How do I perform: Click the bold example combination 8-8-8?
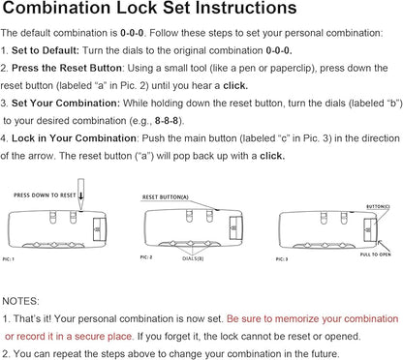[167, 121]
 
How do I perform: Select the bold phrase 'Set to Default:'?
[46, 50]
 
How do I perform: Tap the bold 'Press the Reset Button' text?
[67, 68]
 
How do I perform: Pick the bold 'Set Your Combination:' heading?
[66, 104]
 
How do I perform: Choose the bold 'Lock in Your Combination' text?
[74, 138]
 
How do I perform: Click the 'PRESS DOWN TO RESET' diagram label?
[45, 195]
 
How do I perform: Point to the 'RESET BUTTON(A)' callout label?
[166, 197]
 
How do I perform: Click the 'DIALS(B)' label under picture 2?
[193, 258]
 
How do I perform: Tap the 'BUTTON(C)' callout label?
[378, 207]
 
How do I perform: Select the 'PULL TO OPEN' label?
[375, 255]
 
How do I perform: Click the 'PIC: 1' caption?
[9, 259]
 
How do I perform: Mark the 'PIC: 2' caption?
[146, 257]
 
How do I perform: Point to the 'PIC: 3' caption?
[282, 259]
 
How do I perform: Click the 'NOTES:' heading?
[20, 301]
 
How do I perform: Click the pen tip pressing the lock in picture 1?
[80, 209]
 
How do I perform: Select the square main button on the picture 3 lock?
[370, 230]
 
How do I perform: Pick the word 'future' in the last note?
[324, 354]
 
